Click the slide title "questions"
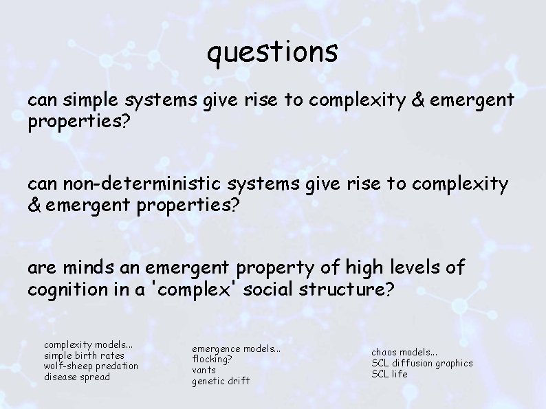272,52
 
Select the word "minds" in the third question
77,267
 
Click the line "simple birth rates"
84,355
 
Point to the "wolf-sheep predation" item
91,366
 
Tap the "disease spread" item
77,377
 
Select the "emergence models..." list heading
236,349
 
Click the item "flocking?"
212,359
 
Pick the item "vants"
204,370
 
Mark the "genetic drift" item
221,381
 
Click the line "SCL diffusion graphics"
422,363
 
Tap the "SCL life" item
390,374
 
